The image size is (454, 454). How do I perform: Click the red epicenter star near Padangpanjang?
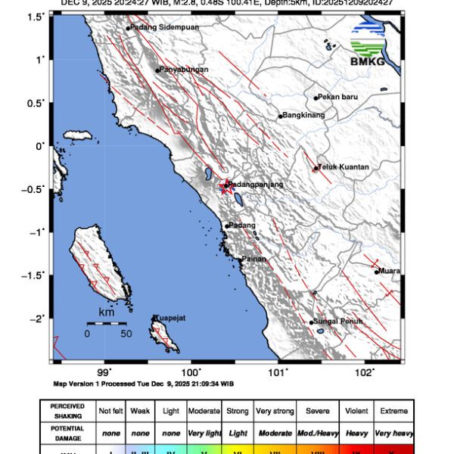coord(225,186)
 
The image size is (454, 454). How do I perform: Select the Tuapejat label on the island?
coord(171,318)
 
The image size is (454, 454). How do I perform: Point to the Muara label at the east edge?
coord(389,271)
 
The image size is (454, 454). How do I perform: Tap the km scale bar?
coord(106,323)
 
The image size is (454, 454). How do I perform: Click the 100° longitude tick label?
coord(191,372)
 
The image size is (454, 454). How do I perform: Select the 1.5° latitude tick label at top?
coord(36,16)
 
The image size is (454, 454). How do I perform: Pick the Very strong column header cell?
coord(274,412)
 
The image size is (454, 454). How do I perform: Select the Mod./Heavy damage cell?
coord(316,434)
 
